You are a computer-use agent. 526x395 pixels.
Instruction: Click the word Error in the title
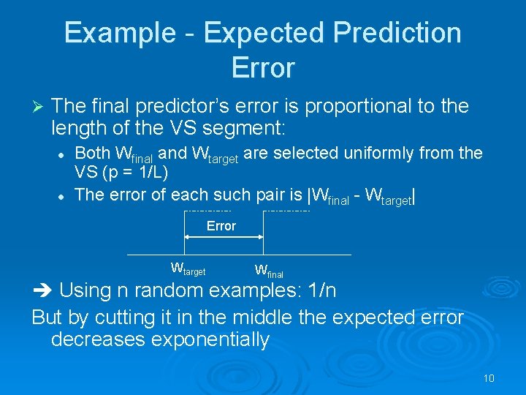click(262, 68)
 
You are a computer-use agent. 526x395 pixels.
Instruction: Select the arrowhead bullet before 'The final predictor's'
click(39, 107)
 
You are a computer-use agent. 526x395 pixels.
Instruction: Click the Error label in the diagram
click(221, 226)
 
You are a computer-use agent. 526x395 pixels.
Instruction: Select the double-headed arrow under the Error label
click(223, 236)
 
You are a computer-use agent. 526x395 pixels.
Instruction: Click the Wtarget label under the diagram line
click(188, 268)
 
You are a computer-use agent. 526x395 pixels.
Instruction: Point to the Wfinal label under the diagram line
click(269, 271)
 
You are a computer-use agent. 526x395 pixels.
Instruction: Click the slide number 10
click(489, 378)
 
